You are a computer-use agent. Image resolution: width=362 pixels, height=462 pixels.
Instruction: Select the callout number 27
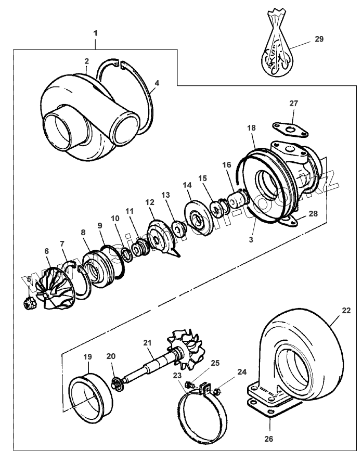pos(294,104)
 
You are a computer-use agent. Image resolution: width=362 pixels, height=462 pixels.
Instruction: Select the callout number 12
pos(150,201)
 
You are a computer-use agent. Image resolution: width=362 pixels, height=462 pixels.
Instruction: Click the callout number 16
pos(226,164)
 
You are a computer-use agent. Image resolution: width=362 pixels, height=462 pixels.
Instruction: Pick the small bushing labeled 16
pos(236,199)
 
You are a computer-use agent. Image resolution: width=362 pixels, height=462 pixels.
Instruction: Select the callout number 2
pos(87,61)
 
